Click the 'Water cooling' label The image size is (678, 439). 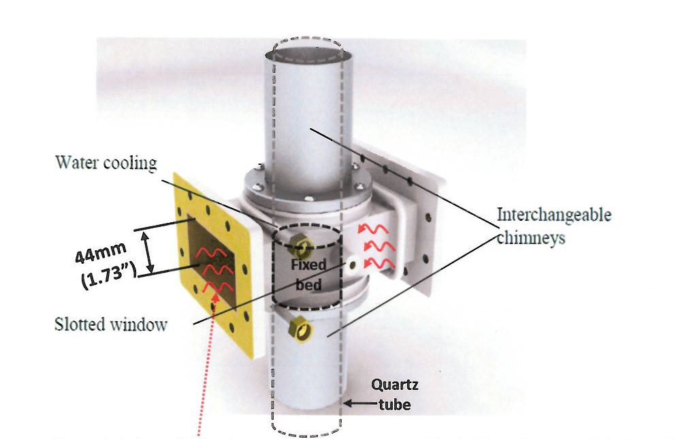[106, 163]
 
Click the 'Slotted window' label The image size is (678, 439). [110, 324]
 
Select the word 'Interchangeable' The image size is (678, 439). [553, 215]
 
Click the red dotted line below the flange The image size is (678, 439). [204, 382]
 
